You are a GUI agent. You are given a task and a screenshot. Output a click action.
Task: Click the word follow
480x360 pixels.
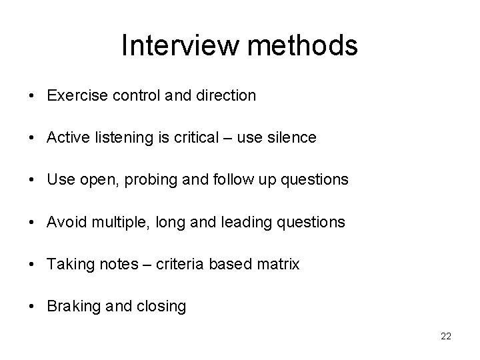(225, 180)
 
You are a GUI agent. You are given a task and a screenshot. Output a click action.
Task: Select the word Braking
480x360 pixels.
(71, 307)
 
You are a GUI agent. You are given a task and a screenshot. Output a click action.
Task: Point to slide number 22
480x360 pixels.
(446, 337)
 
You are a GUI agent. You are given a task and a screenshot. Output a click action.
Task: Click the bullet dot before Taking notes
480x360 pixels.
(32, 265)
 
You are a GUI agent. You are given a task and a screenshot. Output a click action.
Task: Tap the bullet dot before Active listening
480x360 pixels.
(32, 138)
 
